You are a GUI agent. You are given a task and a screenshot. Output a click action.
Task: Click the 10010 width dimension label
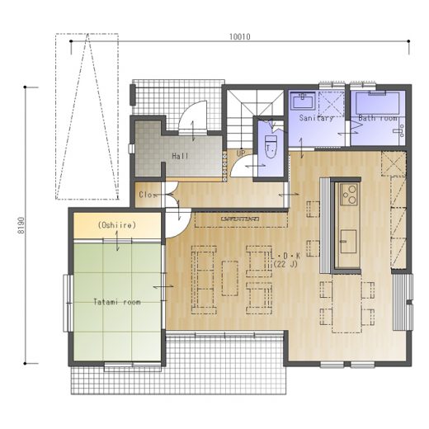click(240, 37)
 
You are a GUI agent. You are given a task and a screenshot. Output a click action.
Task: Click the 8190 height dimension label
click(21, 225)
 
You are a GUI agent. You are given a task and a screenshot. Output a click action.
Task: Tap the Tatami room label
click(117, 302)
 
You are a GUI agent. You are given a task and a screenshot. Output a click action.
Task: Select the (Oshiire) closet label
click(117, 225)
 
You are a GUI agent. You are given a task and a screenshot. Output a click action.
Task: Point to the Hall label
click(180, 156)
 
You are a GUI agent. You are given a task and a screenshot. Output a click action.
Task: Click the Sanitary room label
click(316, 118)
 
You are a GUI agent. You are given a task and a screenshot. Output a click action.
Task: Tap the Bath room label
click(377, 118)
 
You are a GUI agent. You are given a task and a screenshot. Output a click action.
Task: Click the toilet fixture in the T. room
click(270, 147)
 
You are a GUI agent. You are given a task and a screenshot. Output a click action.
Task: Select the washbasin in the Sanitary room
click(304, 101)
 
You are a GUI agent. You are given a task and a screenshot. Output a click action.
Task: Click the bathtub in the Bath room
click(377, 103)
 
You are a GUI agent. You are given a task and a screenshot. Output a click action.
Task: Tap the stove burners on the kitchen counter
click(349, 194)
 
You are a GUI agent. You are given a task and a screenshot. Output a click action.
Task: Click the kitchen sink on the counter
click(349, 242)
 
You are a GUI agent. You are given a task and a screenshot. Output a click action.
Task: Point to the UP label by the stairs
click(240, 153)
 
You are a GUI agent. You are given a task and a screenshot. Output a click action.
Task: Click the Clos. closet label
click(148, 195)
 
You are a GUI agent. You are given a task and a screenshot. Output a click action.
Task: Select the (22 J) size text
click(285, 264)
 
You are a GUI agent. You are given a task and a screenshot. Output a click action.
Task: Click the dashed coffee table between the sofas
click(230, 278)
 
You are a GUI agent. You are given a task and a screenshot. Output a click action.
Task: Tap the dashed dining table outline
click(346, 304)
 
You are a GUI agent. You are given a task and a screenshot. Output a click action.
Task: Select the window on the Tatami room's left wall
click(68, 303)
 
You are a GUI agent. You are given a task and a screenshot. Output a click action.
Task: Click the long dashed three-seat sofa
click(204, 280)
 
